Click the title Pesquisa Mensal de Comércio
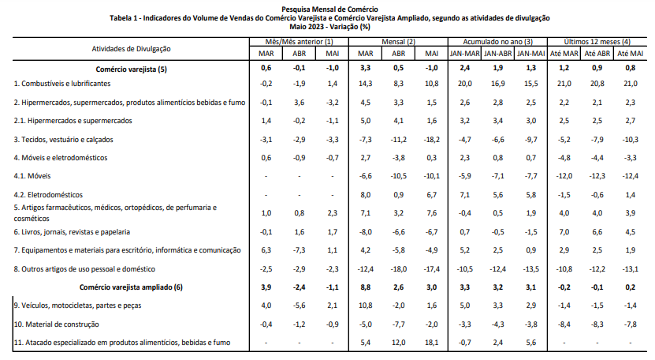(x=329, y=9)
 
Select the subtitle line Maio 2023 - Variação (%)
(x=329, y=27)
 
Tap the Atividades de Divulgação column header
(x=131, y=49)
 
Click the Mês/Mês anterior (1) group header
(x=299, y=42)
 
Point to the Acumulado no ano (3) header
(x=497, y=42)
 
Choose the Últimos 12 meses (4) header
(x=597, y=42)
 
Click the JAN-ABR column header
(x=498, y=54)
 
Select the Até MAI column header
(x=631, y=54)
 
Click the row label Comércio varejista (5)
(x=131, y=69)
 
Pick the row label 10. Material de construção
(x=57, y=324)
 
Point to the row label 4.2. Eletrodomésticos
(x=48, y=195)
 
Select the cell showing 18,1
(x=431, y=343)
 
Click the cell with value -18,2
(x=431, y=140)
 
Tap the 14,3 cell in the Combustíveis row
(x=365, y=84)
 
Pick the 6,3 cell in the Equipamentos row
(x=266, y=250)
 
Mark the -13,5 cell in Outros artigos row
(x=531, y=269)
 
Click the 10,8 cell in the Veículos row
(x=365, y=306)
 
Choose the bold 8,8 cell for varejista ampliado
(x=365, y=287)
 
